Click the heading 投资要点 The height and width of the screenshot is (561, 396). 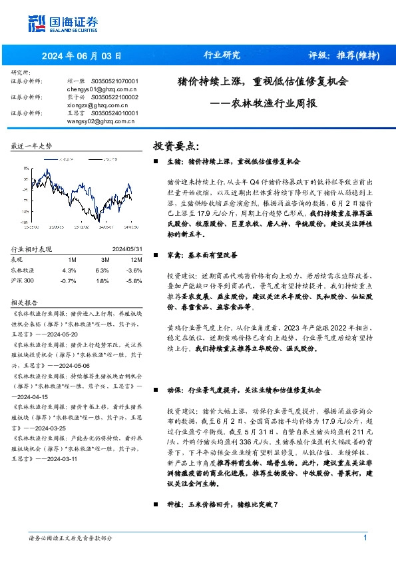point(176,145)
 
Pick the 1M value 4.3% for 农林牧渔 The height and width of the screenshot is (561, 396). point(69,271)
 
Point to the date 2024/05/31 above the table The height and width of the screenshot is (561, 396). point(127,249)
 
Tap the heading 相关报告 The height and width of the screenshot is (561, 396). point(24,301)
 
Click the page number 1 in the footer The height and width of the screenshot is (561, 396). point(365,538)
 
